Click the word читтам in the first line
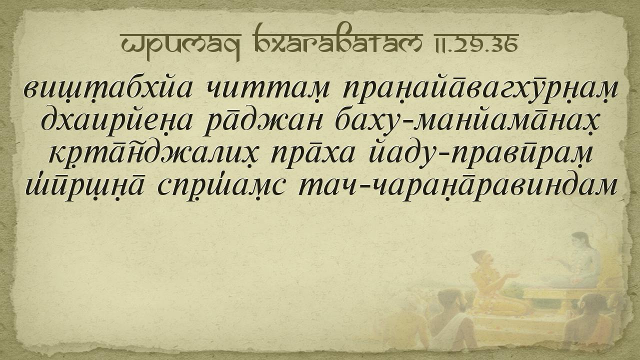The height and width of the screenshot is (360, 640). tap(267, 89)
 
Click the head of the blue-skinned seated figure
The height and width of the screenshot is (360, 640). tap(580, 241)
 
